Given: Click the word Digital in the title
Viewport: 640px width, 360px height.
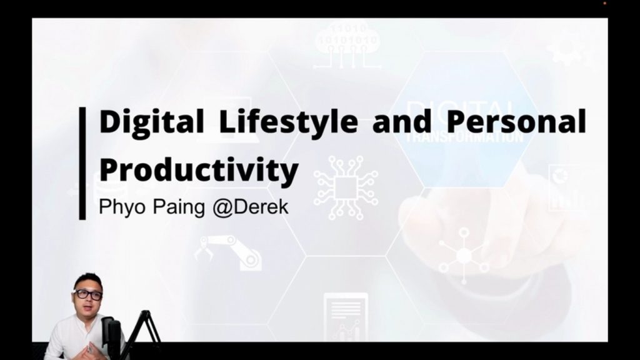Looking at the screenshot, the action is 151,121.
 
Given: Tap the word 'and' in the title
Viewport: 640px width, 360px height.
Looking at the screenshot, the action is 402,121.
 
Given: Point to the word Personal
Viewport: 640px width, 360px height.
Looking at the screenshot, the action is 516,121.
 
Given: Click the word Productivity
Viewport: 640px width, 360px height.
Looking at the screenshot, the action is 199,170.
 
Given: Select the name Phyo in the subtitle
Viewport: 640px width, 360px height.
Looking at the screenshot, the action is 122,207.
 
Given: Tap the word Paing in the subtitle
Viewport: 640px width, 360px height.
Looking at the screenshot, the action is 179,207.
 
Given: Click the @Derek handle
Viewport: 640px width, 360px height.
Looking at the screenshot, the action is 250,207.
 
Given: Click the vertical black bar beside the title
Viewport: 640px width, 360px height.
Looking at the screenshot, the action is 82,163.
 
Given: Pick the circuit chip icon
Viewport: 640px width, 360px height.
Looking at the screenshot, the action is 346,187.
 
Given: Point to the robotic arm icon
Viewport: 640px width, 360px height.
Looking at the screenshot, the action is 229,252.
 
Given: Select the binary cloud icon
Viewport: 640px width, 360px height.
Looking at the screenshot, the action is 347,45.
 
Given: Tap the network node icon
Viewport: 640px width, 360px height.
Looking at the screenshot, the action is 464,256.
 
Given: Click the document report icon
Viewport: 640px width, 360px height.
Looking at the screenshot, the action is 346,317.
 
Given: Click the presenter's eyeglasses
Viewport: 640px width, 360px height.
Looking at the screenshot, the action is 88,294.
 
